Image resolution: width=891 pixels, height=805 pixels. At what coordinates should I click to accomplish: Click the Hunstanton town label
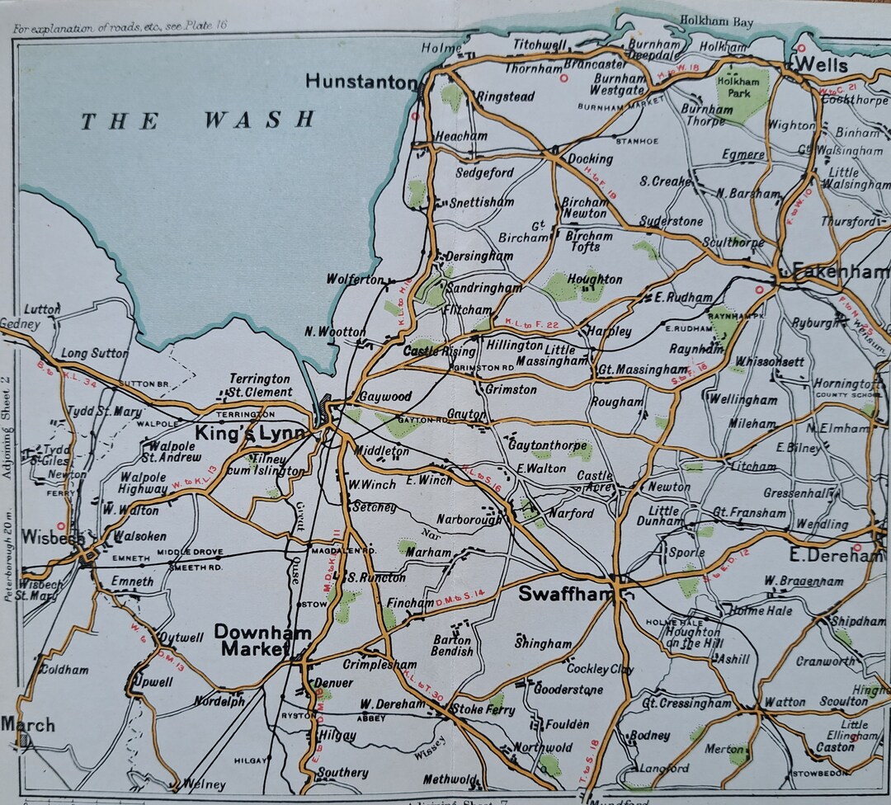coord(361,82)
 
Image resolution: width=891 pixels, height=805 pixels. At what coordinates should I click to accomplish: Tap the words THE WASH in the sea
coord(197,120)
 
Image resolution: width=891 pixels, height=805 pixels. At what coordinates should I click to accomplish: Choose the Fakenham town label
coord(841,271)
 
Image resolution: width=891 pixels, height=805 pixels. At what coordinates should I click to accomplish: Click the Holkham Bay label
coord(716,21)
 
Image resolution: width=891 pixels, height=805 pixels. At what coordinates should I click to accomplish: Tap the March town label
coord(27,725)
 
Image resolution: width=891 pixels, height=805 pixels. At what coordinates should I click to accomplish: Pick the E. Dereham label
coord(835,555)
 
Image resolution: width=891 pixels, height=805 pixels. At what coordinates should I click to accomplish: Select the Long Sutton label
coord(95,353)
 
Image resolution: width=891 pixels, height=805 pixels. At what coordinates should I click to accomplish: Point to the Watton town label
coord(785,702)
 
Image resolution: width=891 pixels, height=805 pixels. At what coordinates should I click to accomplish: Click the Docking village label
coord(590,158)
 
